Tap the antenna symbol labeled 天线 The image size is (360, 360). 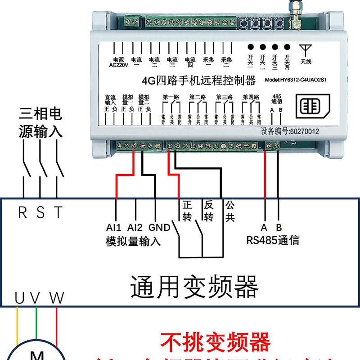(306, 53)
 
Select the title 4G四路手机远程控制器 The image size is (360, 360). (198, 81)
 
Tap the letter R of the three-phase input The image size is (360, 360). (22, 212)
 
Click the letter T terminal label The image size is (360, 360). (58, 212)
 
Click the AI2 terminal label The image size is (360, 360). (135, 227)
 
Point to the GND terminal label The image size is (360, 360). (159, 227)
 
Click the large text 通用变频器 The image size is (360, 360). (194, 287)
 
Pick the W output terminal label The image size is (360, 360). (57, 297)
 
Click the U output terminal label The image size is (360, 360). (19, 297)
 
